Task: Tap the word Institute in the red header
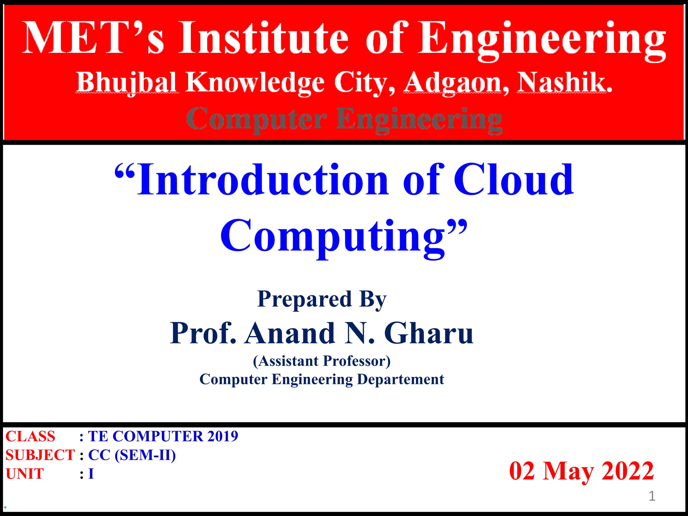[x=264, y=38]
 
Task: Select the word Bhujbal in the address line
[x=127, y=83]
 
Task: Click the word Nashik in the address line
[x=564, y=83]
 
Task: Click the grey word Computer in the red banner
[x=256, y=120]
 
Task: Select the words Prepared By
[x=322, y=299]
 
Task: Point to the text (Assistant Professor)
[x=322, y=361]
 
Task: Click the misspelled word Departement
[x=400, y=380]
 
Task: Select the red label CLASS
[x=30, y=436]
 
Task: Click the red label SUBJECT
[x=40, y=455]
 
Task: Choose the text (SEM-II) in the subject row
[x=145, y=455]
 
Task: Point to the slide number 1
[x=652, y=496]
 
